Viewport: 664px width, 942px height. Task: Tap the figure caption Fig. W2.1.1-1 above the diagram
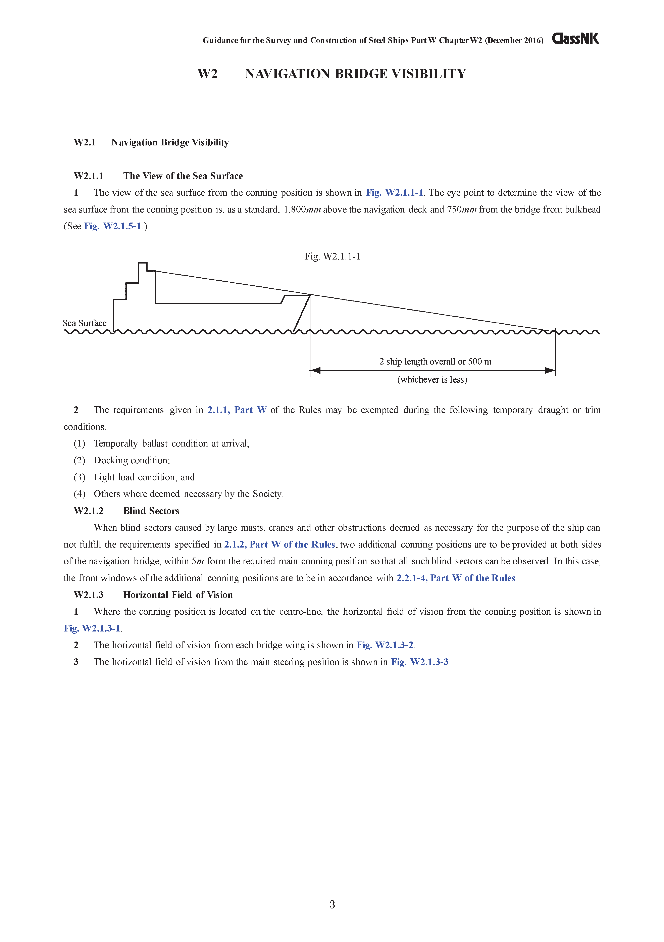(332, 256)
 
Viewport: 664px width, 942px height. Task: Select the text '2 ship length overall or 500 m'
(435, 362)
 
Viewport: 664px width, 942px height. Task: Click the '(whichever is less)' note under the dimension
(432, 379)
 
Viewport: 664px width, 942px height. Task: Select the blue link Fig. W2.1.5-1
(113, 226)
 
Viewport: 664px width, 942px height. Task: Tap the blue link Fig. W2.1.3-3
(420, 662)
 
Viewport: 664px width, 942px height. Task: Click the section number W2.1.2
(89, 511)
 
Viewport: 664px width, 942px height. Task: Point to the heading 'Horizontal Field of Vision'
(178, 595)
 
